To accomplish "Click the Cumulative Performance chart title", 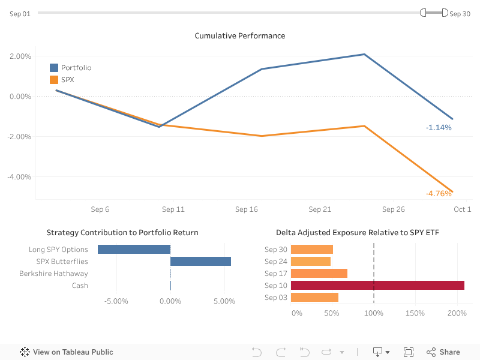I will [240, 36].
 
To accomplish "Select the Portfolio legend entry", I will [76, 68].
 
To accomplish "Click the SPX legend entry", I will [67, 79].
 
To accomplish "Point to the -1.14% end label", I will [439, 127].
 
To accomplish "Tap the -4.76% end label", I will [439, 193].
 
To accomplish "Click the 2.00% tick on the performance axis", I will [20, 56].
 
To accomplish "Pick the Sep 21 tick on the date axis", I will [320, 209].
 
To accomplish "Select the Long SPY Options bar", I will [134, 250].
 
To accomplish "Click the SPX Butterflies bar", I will [200, 262].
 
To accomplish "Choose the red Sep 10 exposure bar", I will [377, 286].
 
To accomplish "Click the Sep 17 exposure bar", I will [319, 274].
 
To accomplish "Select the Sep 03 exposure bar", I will [314, 298].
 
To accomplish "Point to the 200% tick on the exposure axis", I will [457, 313].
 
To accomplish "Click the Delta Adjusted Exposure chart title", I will [358, 233].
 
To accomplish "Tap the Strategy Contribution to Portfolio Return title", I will [122, 233].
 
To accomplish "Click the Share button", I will [443, 352].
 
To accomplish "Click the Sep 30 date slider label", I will [460, 14].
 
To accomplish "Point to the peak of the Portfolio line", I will [364, 54].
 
